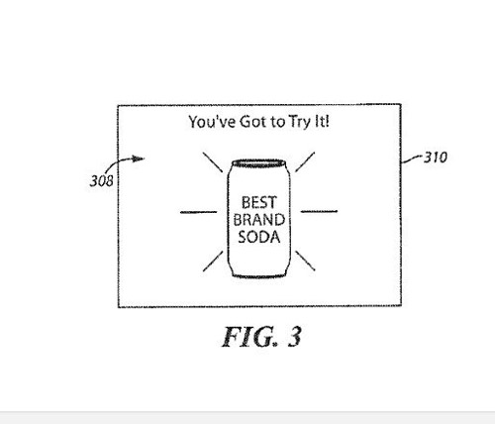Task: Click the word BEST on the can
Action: click(258, 202)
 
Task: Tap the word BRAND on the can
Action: click(259, 220)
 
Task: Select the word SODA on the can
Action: click(259, 237)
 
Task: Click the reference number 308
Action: click(101, 181)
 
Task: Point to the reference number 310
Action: click(436, 158)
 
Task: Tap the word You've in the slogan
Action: click(212, 122)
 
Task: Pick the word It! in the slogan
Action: click(322, 121)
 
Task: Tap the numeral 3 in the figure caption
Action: click(294, 337)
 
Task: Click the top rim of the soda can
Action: click(258, 162)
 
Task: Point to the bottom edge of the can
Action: click(258, 275)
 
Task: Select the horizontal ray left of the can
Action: click(199, 212)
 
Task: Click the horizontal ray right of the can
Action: click(319, 211)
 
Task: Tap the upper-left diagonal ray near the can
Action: click(213, 162)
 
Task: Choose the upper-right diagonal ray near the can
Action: click(305, 162)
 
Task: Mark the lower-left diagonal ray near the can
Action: click(213, 262)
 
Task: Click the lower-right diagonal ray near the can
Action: click(305, 261)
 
